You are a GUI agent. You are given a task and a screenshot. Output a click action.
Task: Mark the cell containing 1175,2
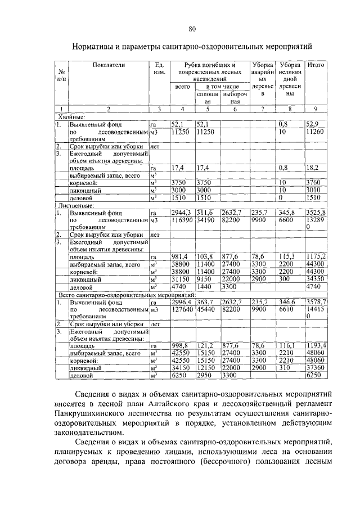pyautogui.click(x=316, y=256)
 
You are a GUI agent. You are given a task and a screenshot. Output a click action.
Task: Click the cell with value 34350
pyautogui.click(x=315, y=278)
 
